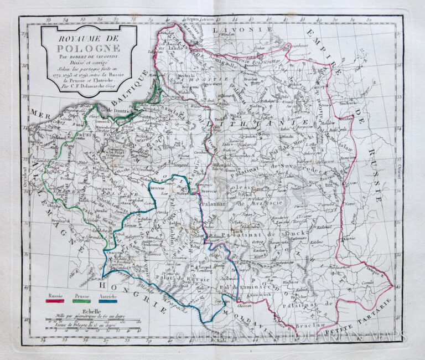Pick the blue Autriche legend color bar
click(108, 302)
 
